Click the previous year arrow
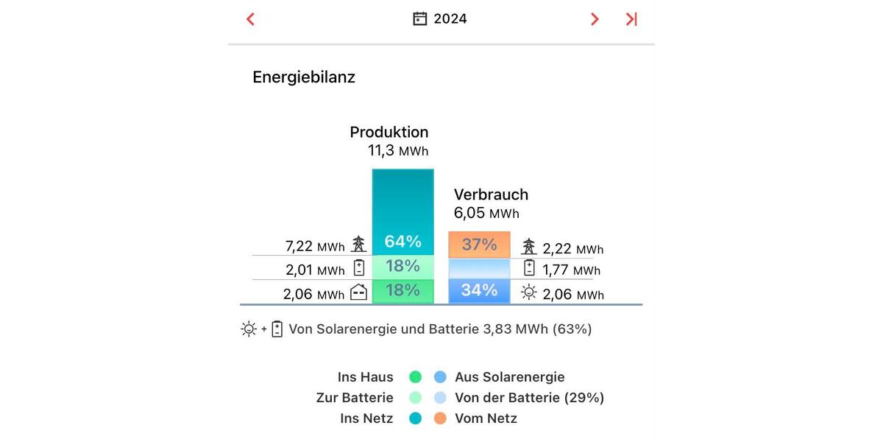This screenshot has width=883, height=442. [250, 19]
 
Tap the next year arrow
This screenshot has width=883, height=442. [595, 19]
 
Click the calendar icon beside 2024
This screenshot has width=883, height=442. [419, 19]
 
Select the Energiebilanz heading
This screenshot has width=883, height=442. [304, 77]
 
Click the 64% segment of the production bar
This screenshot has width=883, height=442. [403, 242]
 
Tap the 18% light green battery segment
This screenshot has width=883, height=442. [403, 266]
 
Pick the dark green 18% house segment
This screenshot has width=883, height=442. [403, 290]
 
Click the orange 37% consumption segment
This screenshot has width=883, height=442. [479, 244]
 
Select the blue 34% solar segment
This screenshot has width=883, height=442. [479, 290]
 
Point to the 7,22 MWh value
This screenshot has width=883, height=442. [314, 246]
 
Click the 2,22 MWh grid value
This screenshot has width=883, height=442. [572, 249]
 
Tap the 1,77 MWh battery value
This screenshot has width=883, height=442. [571, 270]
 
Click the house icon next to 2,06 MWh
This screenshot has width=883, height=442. [358, 292]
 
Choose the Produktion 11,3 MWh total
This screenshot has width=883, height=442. [397, 151]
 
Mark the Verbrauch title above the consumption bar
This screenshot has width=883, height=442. [491, 194]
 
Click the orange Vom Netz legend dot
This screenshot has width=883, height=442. [440, 418]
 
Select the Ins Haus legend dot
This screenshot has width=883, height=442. [415, 377]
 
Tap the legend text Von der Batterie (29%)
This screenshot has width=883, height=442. [529, 398]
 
